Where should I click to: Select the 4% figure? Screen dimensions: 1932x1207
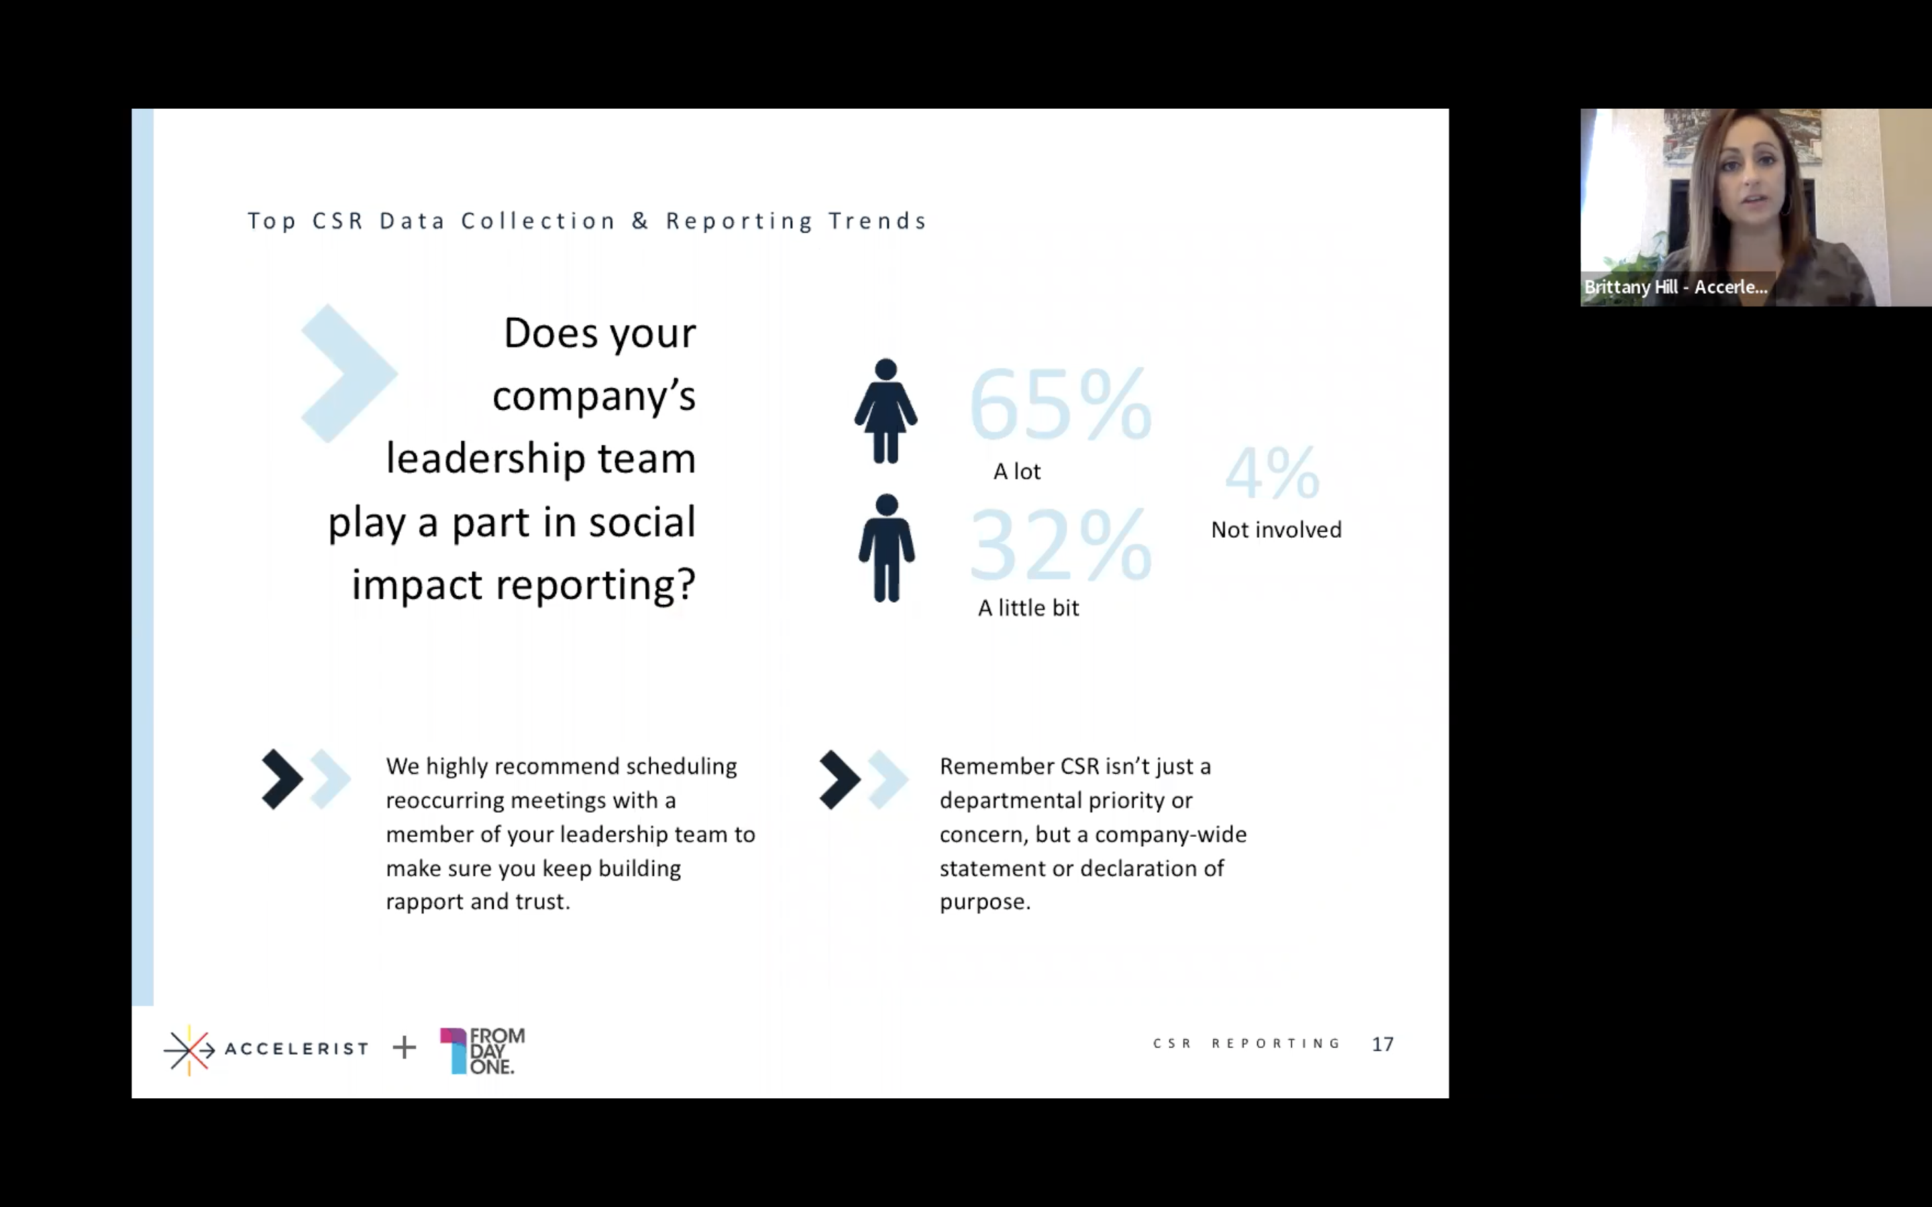[x=1273, y=473]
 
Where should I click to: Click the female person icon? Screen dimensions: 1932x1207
[x=885, y=411]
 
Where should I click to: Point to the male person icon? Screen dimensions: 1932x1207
[x=886, y=548]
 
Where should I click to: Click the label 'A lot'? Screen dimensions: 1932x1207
[x=1016, y=472]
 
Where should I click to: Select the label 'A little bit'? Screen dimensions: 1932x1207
[x=1028, y=608]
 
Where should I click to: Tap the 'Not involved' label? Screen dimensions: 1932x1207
[x=1276, y=529]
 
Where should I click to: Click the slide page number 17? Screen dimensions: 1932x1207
[x=1383, y=1044]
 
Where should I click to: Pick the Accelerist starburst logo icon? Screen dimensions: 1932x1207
[x=189, y=1049]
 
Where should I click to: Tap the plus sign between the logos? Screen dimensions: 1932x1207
[x=405, y=1047]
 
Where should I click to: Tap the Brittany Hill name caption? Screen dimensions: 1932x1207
[x=1676, y=288]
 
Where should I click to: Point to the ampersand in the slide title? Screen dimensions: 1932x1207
[x=640, y=221]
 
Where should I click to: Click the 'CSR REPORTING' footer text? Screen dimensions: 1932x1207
[x=1246, y=1043]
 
